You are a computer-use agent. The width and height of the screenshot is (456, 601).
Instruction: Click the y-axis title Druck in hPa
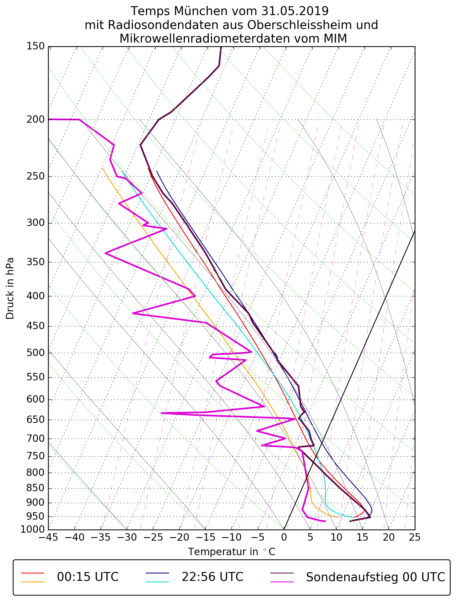(x=10, y=288)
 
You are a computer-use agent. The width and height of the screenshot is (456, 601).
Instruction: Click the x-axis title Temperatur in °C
(x=232, y=552)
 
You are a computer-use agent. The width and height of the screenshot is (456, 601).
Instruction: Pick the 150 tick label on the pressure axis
(x=35, y=46)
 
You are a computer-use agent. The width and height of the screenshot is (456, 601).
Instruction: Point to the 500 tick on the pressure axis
(x=35, y=353)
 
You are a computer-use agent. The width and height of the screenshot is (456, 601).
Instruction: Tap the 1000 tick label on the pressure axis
(x=33, y=529)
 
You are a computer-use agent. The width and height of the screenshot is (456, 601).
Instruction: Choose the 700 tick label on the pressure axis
(x=35, y=439)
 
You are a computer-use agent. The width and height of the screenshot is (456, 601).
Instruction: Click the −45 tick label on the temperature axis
(x=48, y=537)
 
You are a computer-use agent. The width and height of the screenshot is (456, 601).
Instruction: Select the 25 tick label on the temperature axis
(x=415, y=537)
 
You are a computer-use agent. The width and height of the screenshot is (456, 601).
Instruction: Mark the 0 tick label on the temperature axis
(x=284, y=537)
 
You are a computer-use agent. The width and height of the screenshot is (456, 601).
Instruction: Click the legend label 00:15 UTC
(x=88, y=577)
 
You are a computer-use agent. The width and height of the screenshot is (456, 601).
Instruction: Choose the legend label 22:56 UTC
(x=212, y=577)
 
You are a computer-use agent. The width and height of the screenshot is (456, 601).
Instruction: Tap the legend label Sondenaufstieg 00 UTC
(x=376, y=577)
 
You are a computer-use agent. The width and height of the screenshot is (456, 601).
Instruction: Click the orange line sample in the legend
(x=33, y=582)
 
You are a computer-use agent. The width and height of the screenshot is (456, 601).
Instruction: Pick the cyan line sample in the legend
(x=157, y=582)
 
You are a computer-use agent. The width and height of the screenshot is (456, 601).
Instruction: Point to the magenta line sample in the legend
(x=282, y=582)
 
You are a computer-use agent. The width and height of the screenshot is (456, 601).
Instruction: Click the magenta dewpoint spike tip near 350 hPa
(x=106, y=253)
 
